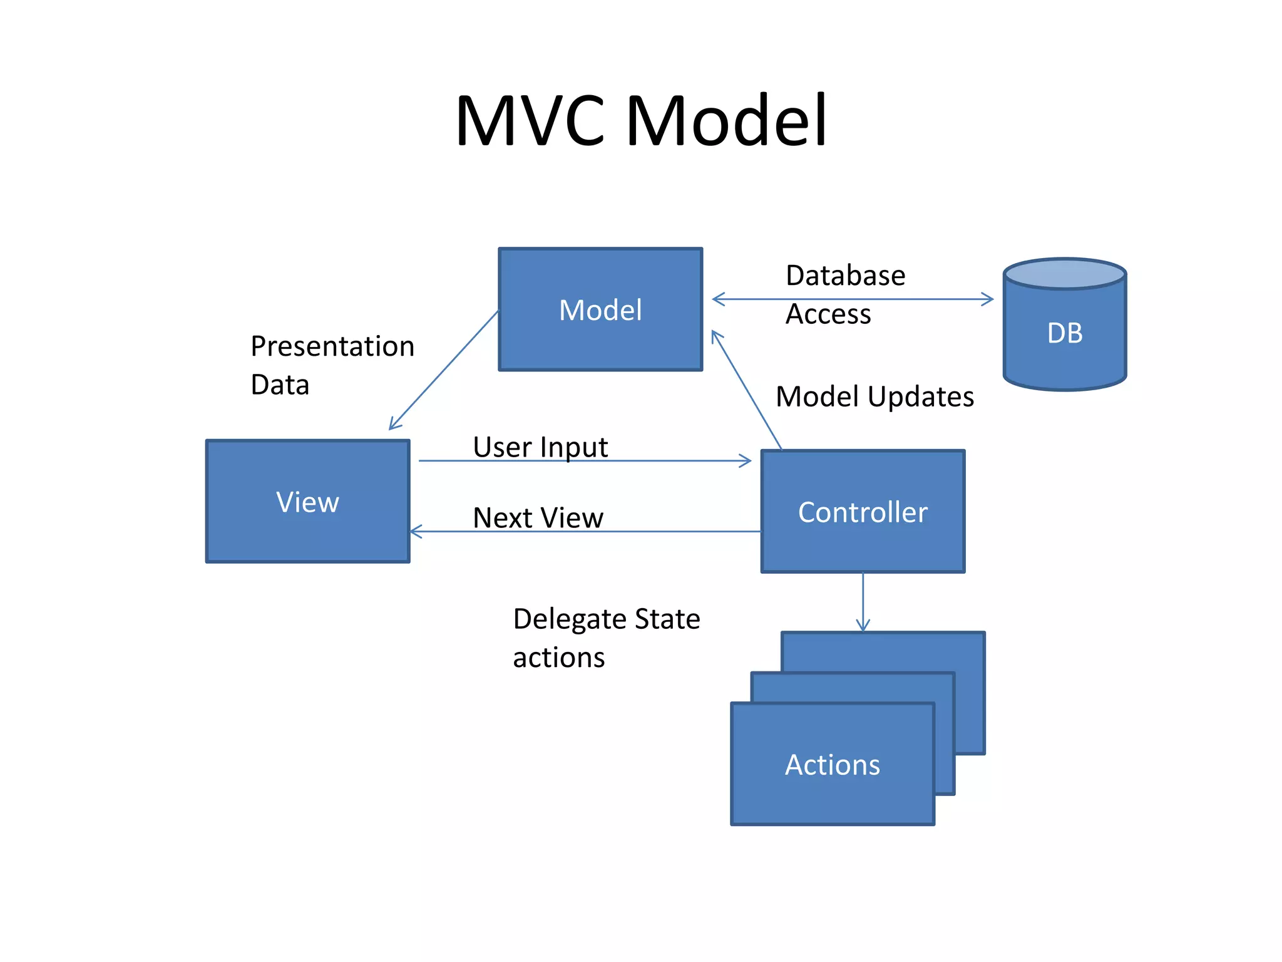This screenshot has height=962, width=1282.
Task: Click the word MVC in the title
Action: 530,120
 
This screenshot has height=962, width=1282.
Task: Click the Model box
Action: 600,309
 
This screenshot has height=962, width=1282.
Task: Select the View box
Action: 307,501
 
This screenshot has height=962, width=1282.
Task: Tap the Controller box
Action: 863,511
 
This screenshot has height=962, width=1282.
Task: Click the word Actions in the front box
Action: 832,765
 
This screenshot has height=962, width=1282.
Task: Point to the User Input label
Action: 540,447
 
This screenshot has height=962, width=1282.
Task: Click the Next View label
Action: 538,518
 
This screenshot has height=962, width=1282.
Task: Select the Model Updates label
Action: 874,396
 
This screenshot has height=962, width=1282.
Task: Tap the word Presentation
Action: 332,346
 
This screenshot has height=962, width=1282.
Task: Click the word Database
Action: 845,276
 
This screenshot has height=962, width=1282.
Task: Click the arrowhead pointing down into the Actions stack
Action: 863,626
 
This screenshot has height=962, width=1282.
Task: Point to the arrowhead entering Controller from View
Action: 746,461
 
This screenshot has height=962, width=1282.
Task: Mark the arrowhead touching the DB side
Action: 988,299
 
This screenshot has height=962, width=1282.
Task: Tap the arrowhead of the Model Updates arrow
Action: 715,336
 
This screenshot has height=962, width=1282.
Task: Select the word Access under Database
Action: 828,314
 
